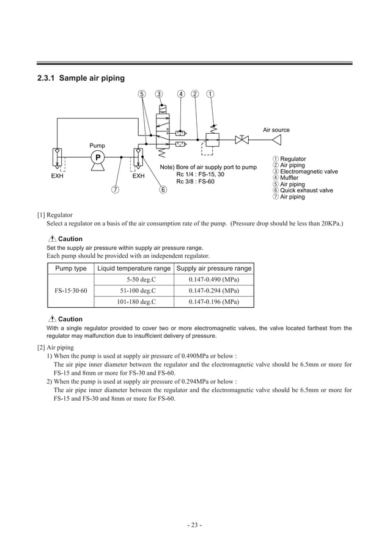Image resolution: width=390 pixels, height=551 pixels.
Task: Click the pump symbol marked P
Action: (x=97, y=157)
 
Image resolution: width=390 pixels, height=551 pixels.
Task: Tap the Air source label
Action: (x=276, y=130)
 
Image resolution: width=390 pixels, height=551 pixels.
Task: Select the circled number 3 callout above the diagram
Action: (x=159, y=94)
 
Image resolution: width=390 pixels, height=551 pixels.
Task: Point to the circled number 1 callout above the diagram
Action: (x=210, y=94)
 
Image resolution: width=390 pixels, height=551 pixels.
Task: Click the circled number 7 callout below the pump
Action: (x=114, y=189)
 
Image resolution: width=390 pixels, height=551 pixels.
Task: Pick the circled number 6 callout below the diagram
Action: (x=163, y=189)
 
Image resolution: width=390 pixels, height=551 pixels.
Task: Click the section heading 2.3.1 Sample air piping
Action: (x=81, y=78)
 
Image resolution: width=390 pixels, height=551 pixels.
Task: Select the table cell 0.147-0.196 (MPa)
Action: (x=213, y=302)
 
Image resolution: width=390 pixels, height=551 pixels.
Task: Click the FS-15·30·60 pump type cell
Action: (x=70, y=291)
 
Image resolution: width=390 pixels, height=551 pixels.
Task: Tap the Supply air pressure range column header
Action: (x=213, y=269)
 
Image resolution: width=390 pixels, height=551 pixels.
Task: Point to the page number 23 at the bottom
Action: (x=194, y=525)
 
